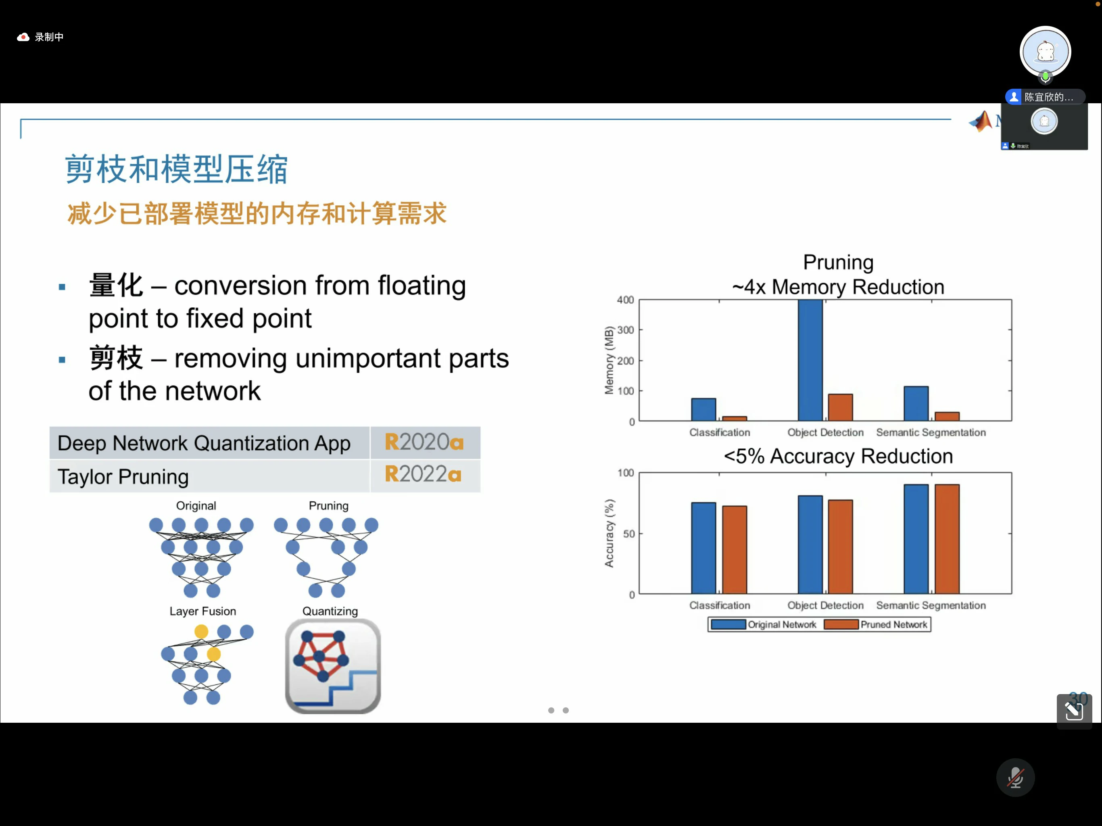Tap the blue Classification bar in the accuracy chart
[703, 548]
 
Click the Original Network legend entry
[763, 624]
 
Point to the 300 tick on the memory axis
[625, 330]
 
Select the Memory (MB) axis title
[609, 360]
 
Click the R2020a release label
[424, 442]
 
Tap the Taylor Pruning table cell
[123, 477]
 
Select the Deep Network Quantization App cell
[204, 443]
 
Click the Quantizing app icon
[333, 666]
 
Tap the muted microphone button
[1015, 777]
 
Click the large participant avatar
[1045, 51]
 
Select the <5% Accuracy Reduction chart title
[838, 456]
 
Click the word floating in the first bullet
[422, 286]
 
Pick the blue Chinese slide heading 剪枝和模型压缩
[176, 169]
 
